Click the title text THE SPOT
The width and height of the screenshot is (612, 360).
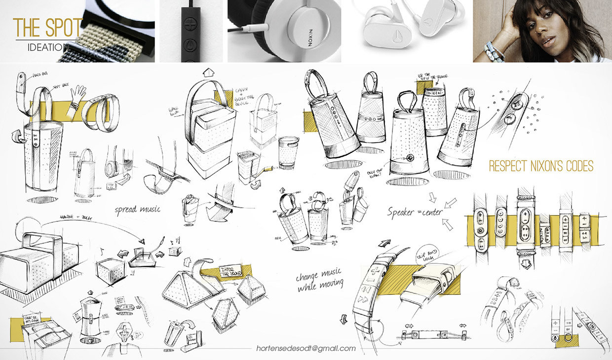(x=47, y=29)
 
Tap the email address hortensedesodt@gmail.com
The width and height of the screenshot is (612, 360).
(x=306, y=348)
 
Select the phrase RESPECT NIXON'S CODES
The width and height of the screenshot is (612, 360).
(x=541, y=166)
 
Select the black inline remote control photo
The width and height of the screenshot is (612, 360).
(x=191, y=31)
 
